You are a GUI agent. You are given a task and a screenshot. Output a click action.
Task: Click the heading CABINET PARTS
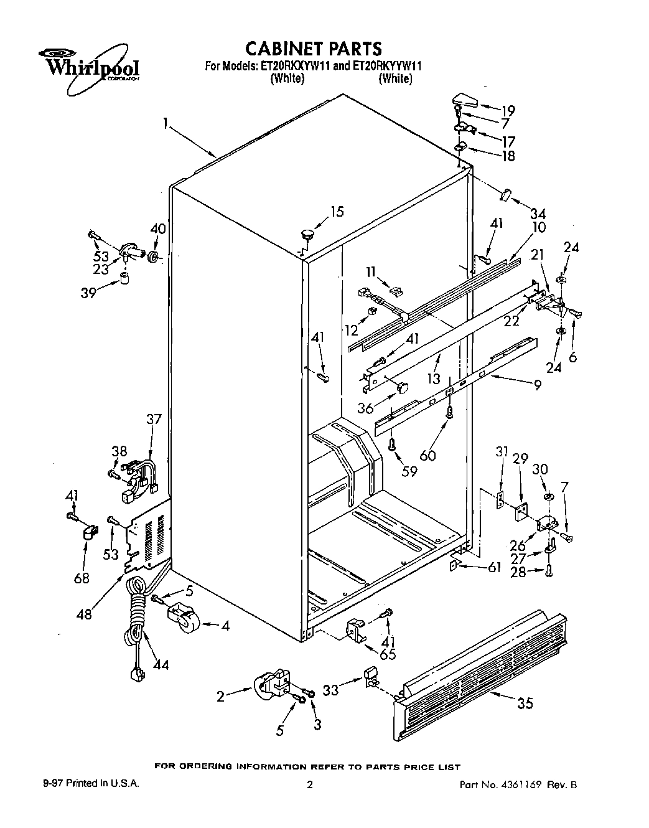(313, 49)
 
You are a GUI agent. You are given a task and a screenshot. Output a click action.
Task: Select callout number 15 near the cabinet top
(336, 212)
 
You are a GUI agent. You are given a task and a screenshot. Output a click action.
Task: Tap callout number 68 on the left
(82, 578)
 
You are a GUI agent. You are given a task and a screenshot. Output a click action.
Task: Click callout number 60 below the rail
(427, 455)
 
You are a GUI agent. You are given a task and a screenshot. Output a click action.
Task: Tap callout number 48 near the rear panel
(84, 614)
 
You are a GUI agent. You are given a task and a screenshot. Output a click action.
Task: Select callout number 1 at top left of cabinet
(166, 125)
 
